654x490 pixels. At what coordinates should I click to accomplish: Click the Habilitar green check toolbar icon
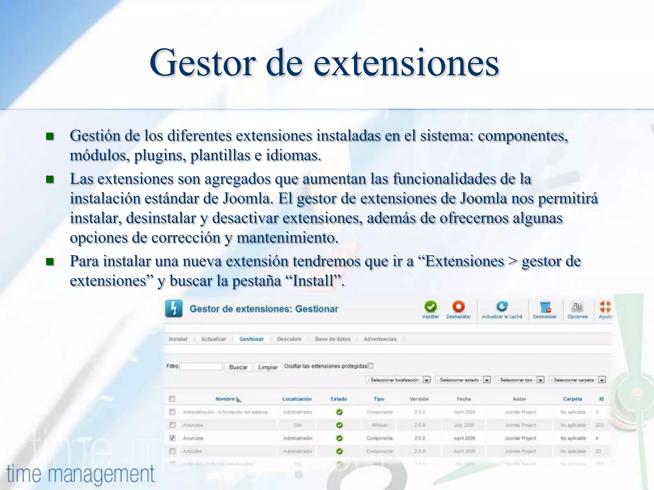tap(430, 307)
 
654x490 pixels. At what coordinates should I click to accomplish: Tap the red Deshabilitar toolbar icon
tap(459, 307)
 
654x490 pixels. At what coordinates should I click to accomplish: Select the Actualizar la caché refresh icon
tap(502, 307)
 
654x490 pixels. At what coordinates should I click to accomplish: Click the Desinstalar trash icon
tap(545, 307)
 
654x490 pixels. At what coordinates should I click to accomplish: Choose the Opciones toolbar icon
tap(577, 307)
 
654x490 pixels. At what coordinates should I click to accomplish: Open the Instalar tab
tap(178, 339)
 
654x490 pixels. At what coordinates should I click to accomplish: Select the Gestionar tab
tap(252, 339)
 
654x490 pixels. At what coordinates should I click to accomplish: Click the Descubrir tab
tap(289, 339)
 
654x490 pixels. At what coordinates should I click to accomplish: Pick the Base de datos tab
tap(333, 339)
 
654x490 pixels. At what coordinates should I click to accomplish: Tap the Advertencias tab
tap(380, 339)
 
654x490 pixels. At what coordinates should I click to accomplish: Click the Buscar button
tap(238, 367)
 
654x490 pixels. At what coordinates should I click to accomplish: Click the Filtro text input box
tap(201, 367)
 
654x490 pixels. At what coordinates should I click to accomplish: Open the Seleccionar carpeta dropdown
tap(577, 380)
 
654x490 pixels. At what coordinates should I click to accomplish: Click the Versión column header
tap(419, 399)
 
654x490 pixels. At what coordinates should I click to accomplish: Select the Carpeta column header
tap(573, 399)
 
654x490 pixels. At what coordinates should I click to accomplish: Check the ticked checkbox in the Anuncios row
tap(172, 438)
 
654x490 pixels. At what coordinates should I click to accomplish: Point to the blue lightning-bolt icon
tap(174, 309)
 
